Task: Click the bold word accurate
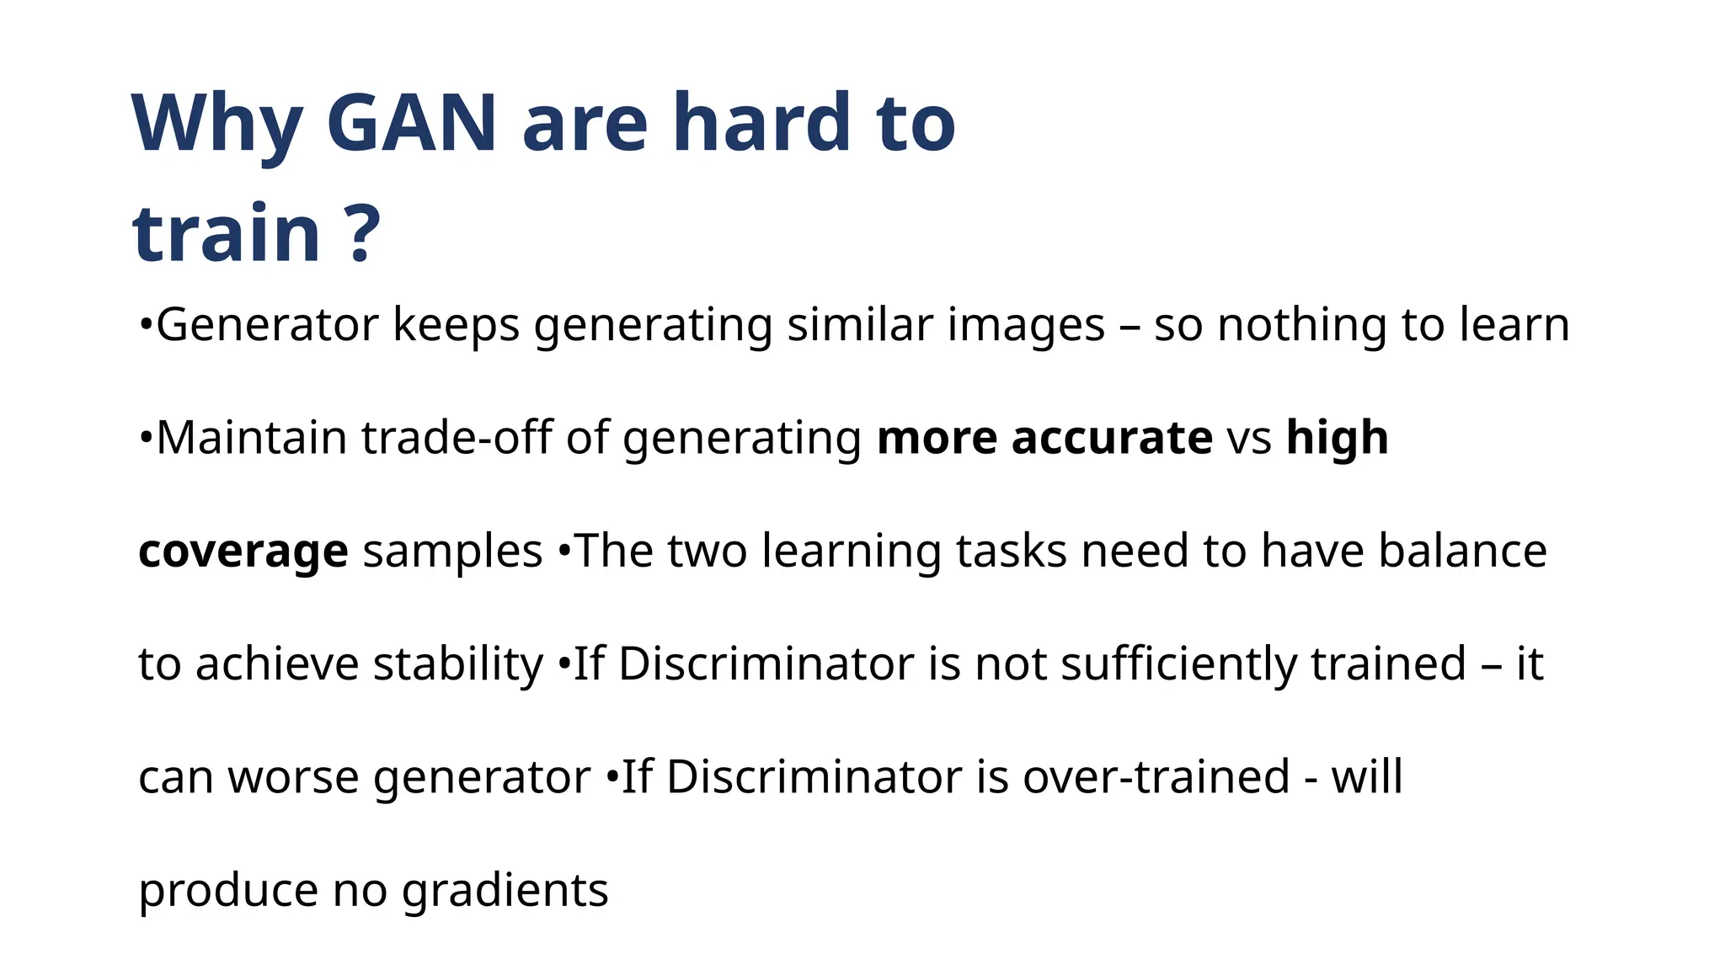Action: tap(1112, 438)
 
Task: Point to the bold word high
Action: tap(1337, 438)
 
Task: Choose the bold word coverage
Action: tap(243, 552)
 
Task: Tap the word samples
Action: tap(452, 552)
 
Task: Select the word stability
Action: tap(458, 664)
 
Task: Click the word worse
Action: tap(293, 777)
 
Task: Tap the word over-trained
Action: tap(1156, 777)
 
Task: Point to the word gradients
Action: tap(505, 891)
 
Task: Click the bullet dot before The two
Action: tap(564, 552)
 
